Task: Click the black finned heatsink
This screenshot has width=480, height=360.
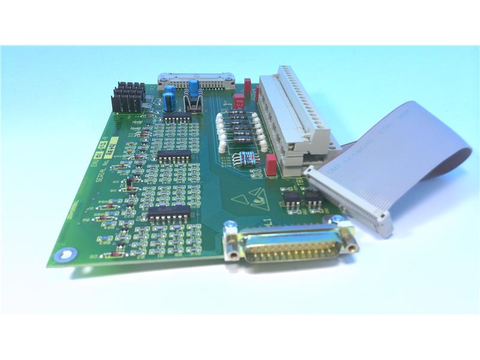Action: click(128, 97)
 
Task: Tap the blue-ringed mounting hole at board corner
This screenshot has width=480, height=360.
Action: click(62, 256)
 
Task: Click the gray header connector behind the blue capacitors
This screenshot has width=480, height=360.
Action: click(196, 79)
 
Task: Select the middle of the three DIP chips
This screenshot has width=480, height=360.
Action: click(175, 155)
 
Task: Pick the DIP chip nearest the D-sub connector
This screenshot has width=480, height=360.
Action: click(170, 212)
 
